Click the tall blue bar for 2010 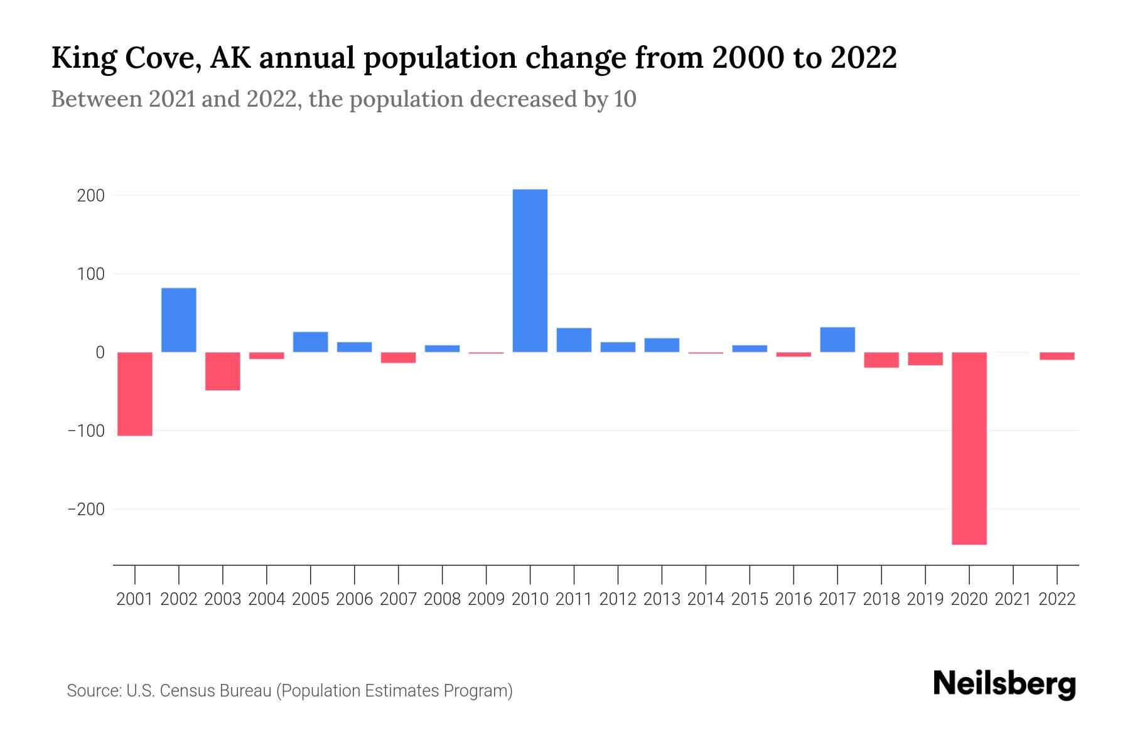pyautogui.click(x=530, y=270)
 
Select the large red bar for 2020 pyautogui.click(x=969, y=448)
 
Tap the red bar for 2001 pyautogui.click(x=135, y=393)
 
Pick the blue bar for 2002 pyautogui.click(x=179, y=320)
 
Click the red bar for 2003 pyautogui.click(x=223, y=371)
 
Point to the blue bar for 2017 pyautogui.click(x=837, y=339)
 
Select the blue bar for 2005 pyautogui.click(x=310, y=341)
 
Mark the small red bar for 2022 pyautogui.click(x=1057, y=356)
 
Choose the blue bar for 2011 pyautogui.click(x=574, y=339)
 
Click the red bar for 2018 pyautogui.click(x=881, y=360)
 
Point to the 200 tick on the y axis pyautogui.click(x=90, y=196)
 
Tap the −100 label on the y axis pyautogui.click(x=86, y=431)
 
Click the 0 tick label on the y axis pyautogui.click(x=100, y=353)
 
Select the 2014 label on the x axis pyautogui.click(x=706, y=599)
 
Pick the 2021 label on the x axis pyautogui.click(x=1013, y=599)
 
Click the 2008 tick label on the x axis pyautogui.click(x=442, y=599)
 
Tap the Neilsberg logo pyautogui.click(x=1004, y=684)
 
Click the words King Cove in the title pyautogui.click(x=126, y=58)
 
